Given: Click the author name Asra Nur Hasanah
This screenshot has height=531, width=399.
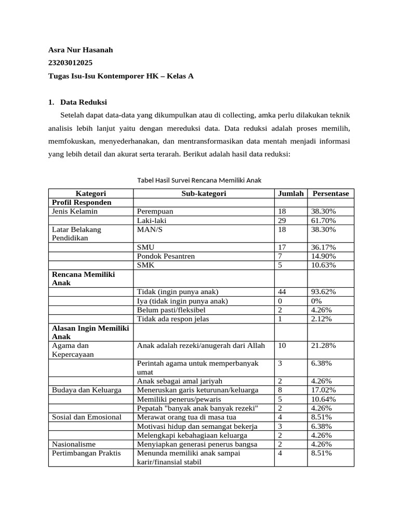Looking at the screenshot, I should coord(81,50).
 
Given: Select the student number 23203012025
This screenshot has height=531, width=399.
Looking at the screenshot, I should coord(70,63).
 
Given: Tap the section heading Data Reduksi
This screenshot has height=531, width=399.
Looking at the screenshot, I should coord(84,102).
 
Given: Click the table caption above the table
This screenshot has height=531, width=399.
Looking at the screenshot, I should coord(199,180).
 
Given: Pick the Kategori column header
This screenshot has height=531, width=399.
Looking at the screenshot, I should coord(90,193).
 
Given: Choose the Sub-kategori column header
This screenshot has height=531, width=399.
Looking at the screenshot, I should coord(204,193).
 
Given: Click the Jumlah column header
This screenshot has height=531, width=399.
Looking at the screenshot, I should coord(290,193).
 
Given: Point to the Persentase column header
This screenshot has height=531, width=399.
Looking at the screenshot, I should coord(330,193).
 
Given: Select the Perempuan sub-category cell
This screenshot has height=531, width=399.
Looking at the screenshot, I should coord(155,212).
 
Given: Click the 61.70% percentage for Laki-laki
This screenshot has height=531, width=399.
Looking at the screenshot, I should coord(323,220).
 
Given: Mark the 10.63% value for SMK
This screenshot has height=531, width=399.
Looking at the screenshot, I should coord(323,265).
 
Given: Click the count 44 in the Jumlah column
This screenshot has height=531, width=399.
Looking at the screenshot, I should coord(283,292).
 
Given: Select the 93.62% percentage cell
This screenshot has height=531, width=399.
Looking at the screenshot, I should coord(323,292).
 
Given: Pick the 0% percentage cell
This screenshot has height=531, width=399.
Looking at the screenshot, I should coord(317,301).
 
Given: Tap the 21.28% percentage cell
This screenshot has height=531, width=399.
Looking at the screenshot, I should coord(323,345).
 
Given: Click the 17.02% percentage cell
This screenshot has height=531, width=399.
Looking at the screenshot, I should coord(323,390).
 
